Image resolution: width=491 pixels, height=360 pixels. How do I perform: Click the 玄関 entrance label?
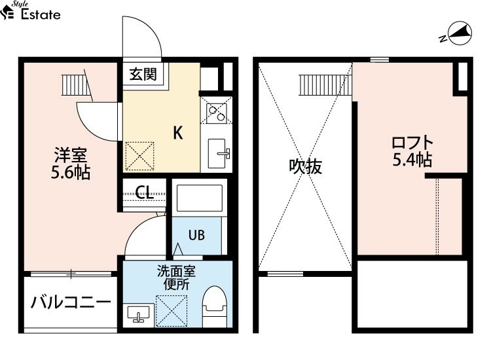pos(143,75)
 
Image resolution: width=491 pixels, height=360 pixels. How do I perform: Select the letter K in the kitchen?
pos(178,133)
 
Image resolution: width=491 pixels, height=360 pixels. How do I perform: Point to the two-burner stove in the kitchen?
pos(217,110)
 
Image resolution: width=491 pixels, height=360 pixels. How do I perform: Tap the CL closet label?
pos(144,192)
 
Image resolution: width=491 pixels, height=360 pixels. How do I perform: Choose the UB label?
pos(196,235)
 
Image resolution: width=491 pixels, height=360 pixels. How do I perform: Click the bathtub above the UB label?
pos(200,198)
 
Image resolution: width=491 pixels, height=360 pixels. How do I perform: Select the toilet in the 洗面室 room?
pos(215,306)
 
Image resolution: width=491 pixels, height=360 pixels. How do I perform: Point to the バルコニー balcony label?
pos(71,302)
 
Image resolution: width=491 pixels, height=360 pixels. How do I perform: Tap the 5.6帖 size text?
pos(71,173)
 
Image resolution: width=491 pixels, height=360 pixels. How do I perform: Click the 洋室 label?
pos(71,154)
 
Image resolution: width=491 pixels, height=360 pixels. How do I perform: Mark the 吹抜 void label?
pos(305,166)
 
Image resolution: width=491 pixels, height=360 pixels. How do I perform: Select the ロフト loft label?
pos(412,143)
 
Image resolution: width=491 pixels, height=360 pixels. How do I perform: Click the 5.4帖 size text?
pos(412,159)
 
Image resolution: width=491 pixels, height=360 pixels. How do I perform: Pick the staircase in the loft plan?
pos(325,85)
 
